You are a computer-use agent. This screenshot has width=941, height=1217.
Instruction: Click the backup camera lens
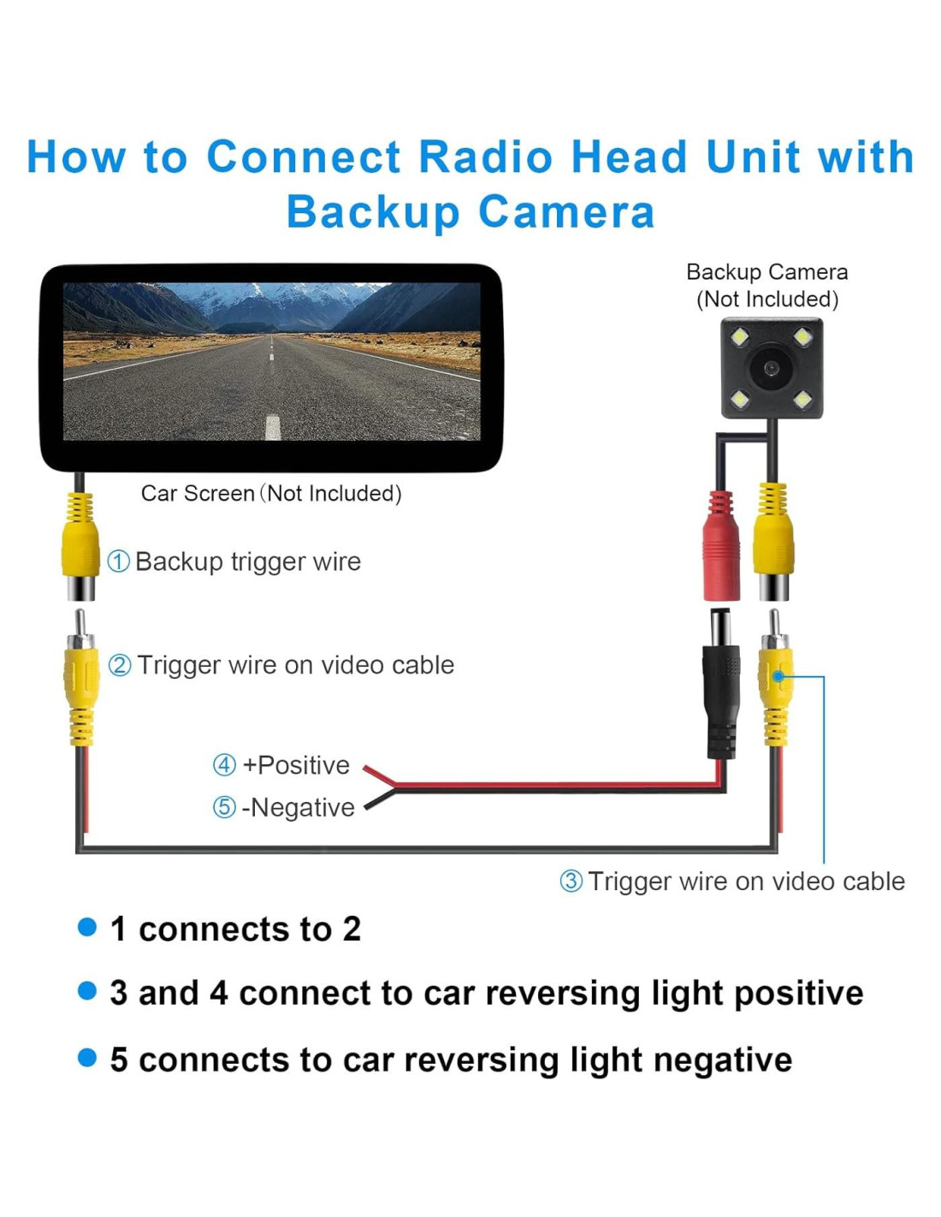(771, 369)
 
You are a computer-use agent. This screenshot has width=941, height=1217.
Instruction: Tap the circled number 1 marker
(118, 561)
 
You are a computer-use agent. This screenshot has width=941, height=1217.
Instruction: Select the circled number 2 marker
(120, 665)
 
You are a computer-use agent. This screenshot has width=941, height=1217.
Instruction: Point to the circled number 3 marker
(571, 881)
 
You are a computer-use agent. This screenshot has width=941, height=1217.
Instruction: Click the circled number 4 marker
(224, 764)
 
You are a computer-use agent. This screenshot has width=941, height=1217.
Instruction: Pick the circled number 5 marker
(224, 807)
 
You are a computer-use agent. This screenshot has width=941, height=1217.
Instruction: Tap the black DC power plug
(721, 685)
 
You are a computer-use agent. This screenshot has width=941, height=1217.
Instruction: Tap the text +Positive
(296, 765)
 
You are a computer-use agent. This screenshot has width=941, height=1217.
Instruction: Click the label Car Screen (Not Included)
(271, 494)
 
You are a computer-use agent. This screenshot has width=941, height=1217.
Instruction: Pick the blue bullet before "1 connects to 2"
(87, 928)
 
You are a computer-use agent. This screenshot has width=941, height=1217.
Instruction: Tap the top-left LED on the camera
(740, 337)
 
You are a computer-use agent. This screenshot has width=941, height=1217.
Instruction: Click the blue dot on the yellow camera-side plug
(778, 676)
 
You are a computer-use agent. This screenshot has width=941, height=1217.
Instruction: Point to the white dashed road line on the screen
(273, 425)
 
